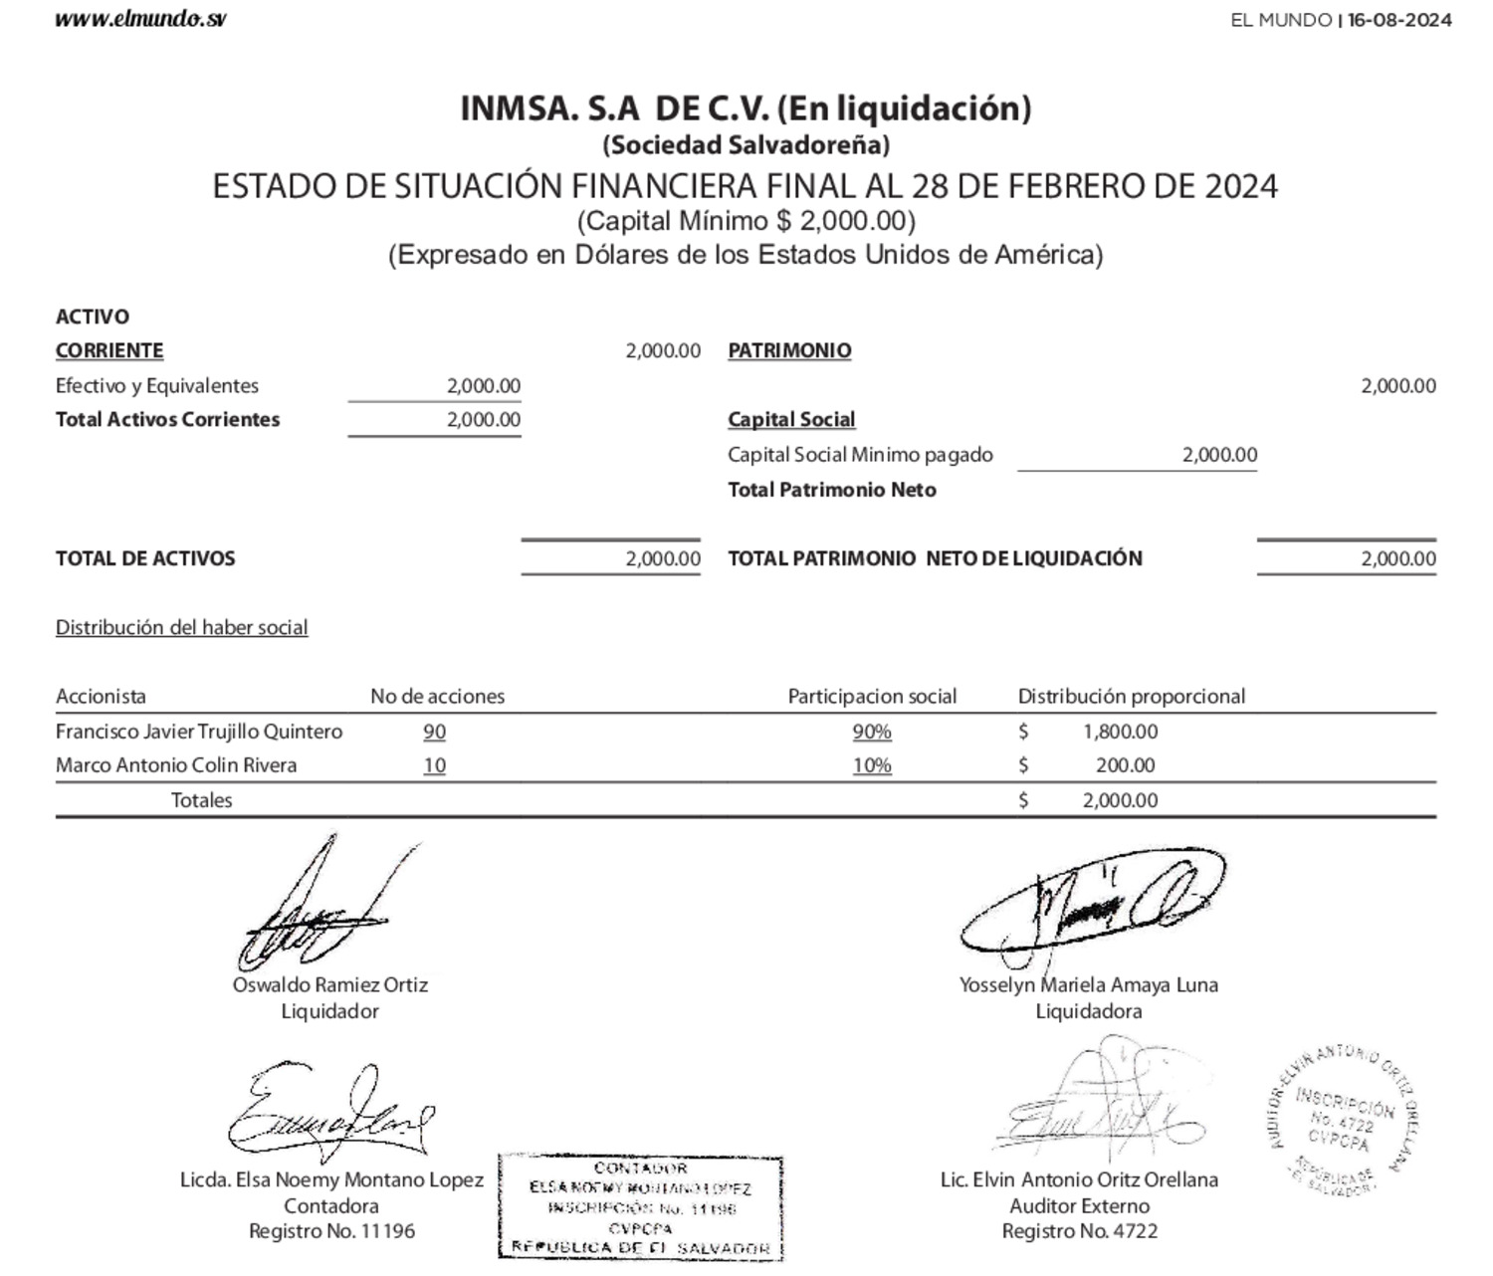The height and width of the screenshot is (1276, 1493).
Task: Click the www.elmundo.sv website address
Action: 140,19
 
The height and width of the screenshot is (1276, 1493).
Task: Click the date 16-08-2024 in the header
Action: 1398,20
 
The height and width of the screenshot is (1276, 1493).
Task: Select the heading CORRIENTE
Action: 109,350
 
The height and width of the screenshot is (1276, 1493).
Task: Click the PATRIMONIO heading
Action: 789,350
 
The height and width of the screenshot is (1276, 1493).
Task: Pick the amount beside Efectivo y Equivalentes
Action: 483,386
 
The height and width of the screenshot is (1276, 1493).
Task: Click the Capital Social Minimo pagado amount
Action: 1219,455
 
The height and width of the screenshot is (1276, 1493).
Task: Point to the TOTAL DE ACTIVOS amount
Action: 663,558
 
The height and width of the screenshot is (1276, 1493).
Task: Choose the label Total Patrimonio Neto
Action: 831,490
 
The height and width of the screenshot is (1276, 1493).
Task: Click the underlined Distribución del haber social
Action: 181,627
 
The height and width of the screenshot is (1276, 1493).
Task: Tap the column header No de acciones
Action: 437,696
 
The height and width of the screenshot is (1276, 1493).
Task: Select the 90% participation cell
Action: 871,732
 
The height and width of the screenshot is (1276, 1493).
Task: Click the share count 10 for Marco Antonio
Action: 434,765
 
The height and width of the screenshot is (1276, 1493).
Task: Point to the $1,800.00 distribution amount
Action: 1120,732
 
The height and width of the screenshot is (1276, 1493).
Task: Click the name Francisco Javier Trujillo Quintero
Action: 199,732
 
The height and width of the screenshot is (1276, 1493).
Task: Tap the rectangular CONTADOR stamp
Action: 641,1206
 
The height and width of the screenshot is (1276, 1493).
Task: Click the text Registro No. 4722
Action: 1079,1231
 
